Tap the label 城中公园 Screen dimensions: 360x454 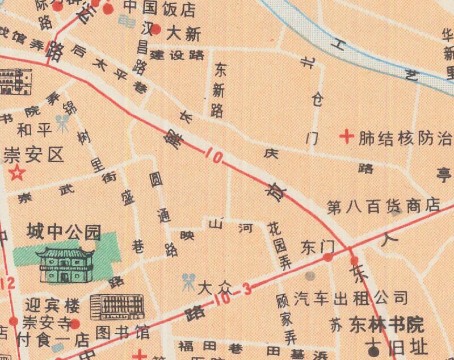[64, 232]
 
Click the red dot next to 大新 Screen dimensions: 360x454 [157, 30]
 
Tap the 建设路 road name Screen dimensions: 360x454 [178, 55]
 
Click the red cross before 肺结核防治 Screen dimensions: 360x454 [346, 136]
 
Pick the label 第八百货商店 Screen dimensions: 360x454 [384, 205]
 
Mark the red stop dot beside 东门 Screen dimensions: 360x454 [328, 258]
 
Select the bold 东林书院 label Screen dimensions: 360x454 [386, 325]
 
